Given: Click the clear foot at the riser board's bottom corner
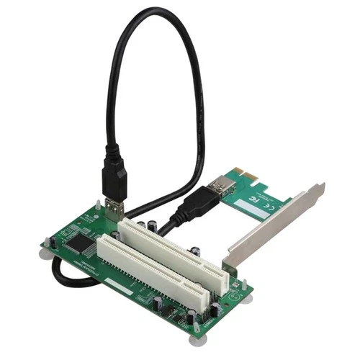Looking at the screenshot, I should (x=195, y=330).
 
